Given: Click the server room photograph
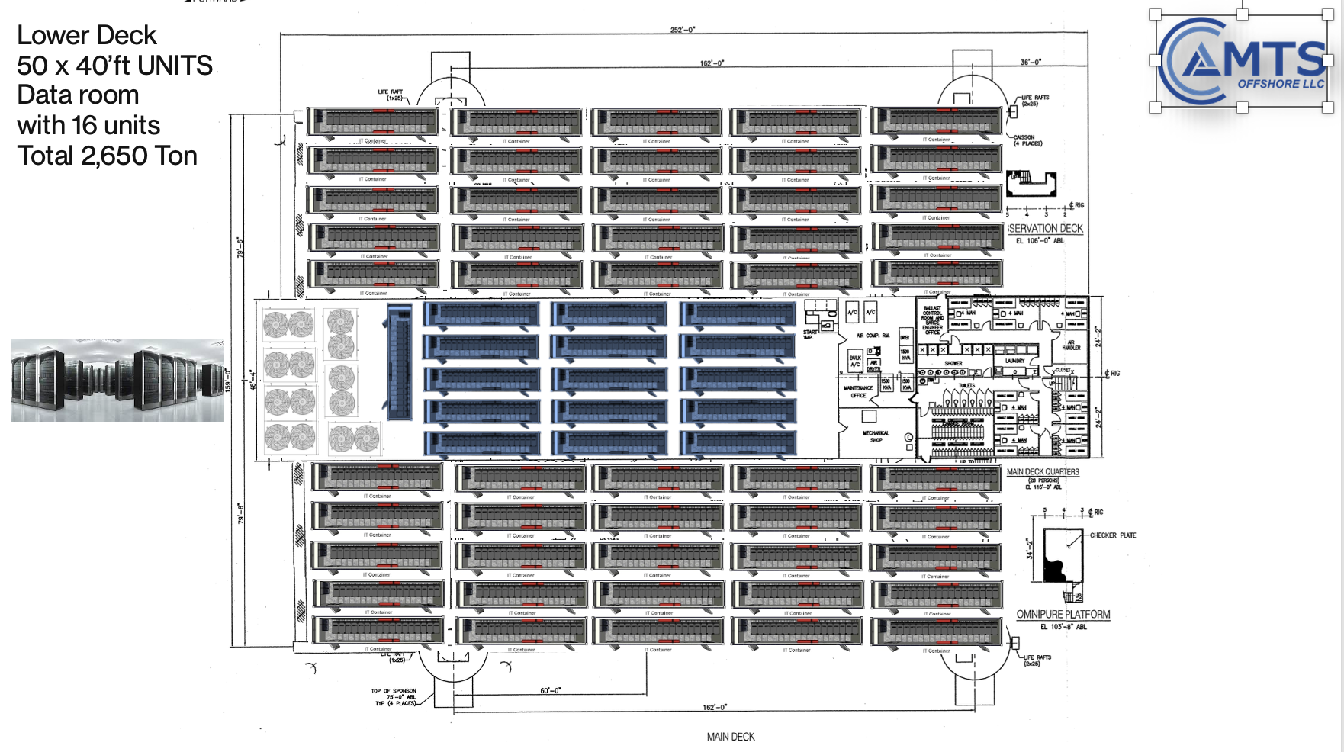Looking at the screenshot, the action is pos(117,380).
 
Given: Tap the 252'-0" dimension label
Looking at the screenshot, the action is pos(682,30).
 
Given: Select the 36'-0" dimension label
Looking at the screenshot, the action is pos(1031,63).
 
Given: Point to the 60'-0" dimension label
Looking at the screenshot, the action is pos(550,690).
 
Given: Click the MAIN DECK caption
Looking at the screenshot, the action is pos(730,737).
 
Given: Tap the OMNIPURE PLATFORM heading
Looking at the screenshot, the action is pos(1063,615).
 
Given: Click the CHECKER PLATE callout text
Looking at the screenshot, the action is pos(1112,535).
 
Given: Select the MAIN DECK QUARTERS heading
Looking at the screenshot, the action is pos(1043,472).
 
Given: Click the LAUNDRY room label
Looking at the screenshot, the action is pos(1014,361).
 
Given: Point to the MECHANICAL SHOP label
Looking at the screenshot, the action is pos(876,436).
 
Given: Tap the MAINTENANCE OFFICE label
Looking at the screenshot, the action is pos(858,391).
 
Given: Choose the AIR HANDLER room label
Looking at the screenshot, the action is pos(1071,345).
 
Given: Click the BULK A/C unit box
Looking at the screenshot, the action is pos(855,361).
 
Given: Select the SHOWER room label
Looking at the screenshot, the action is pos(953,363).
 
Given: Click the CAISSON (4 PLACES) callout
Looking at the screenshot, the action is pos(1027,140).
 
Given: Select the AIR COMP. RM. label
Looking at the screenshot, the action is pos(873,336).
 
